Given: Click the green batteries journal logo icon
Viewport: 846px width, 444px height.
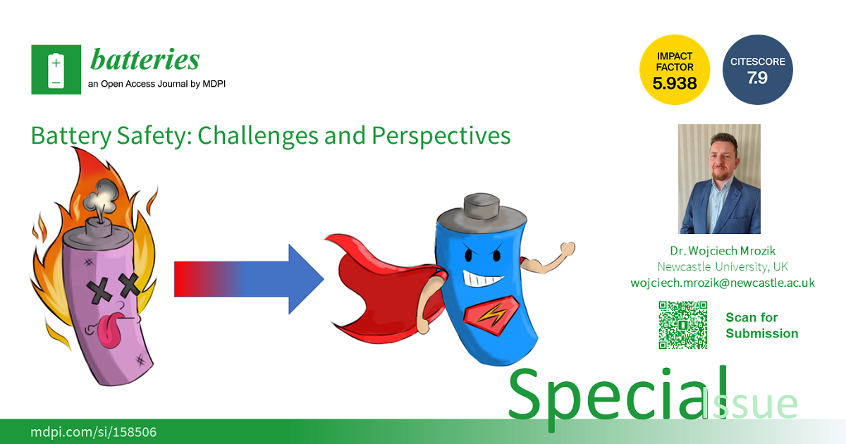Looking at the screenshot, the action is (x=56, y=70).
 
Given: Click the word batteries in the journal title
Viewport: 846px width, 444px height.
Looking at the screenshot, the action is (x=145, y=59).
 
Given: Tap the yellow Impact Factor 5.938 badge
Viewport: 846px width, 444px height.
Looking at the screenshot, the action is (x=675, y=70).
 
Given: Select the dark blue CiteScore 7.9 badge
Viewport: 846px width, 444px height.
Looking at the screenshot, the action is (x=758, y=70).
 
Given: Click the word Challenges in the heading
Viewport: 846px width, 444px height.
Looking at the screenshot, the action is (x=257, y=136).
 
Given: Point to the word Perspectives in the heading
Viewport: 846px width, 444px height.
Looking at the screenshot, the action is (x=441, y=136).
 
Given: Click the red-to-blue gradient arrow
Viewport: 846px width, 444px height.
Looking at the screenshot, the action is (x=249, y=279).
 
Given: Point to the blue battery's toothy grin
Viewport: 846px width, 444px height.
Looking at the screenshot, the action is (x=482, y=279).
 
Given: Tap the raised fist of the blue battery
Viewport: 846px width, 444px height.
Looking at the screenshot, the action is (x=568, y=249).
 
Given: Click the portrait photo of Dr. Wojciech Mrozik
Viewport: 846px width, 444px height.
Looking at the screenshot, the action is (x=719, y=179).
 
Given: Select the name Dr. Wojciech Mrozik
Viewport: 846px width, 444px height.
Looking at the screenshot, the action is (x=723, y=251).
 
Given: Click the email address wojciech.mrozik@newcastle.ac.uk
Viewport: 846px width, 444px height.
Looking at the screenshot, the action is (x=723, y=283).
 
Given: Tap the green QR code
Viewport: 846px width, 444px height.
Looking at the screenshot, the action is (x=683, y=325).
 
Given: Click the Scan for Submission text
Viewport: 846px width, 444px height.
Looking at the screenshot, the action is (x=762, y=326).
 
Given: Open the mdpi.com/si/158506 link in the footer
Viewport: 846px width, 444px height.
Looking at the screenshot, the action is (x=93, y=432).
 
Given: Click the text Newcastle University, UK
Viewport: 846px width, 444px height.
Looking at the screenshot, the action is (x=723, y=267).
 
